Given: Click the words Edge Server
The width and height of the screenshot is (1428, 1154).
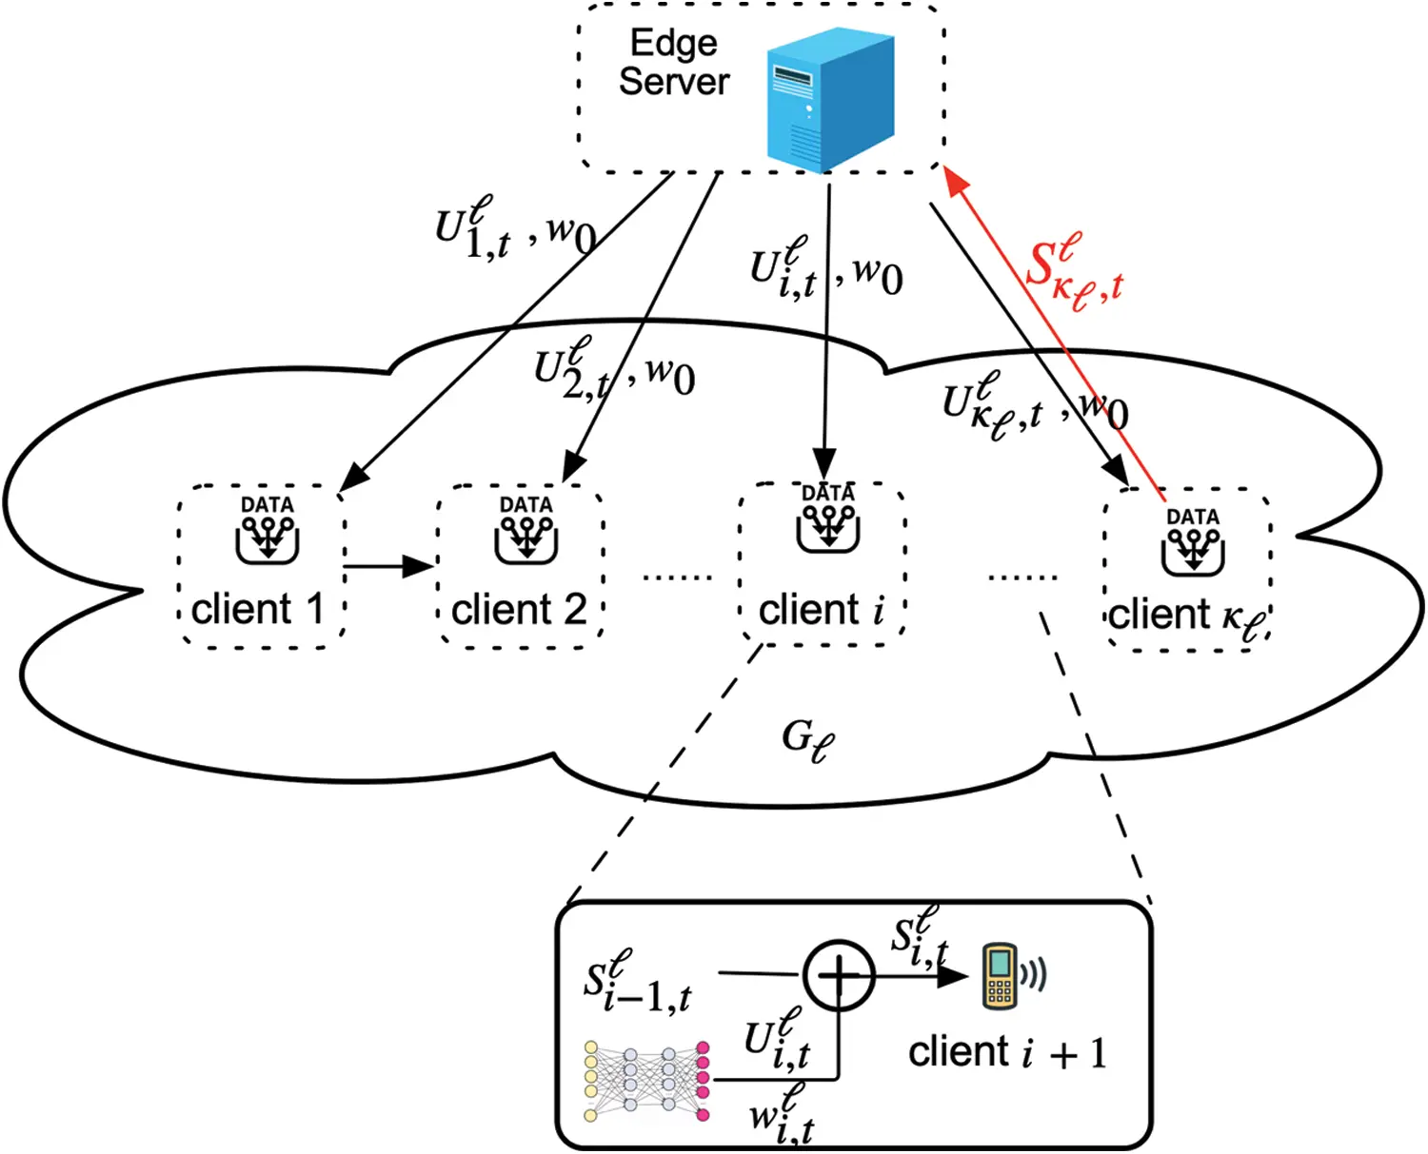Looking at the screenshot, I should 674,63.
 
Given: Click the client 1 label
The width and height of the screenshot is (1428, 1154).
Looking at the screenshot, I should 257,610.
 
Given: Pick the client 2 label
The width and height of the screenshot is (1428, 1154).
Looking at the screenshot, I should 519,610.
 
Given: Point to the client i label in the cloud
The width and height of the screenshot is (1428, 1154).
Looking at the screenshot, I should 822,610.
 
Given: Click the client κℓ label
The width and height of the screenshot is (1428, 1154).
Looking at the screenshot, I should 1186,616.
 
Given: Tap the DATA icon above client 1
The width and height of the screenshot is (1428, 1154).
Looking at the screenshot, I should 268,529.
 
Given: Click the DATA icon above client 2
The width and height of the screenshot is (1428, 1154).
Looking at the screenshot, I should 526,529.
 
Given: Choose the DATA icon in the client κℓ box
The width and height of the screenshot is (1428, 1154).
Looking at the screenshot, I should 1193,541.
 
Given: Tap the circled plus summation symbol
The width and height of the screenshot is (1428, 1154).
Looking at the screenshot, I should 839,975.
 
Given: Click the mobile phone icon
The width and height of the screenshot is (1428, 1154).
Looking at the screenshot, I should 1000,975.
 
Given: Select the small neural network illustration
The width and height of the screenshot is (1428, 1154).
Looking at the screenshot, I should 647,1081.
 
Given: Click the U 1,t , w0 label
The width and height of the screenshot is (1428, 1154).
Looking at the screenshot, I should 515,229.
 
